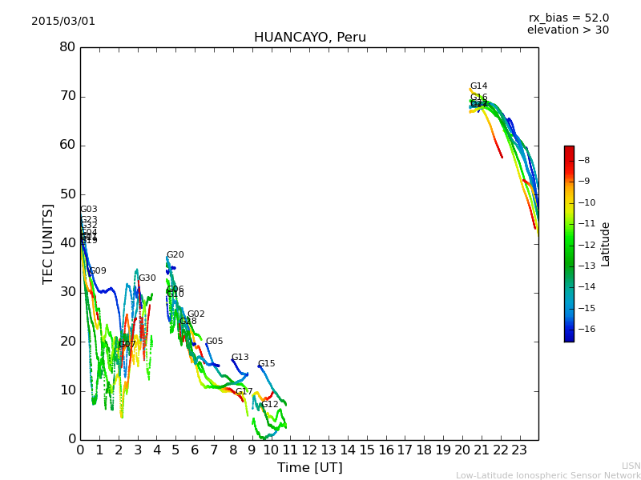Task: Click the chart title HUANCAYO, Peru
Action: point(309,38)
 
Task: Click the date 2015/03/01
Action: point(63,22)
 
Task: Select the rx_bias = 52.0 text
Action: point(568,18)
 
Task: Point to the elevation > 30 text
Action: point(567,30)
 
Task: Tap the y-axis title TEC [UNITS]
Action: point(48,243)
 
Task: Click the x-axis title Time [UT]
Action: point(309,467)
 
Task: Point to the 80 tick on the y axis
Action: point(67,47)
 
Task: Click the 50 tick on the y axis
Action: point(67,194)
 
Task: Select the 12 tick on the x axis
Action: point(309,450)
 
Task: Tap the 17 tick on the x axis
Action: point(405,450)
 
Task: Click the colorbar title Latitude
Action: point(606,244)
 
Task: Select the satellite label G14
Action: point(478,86)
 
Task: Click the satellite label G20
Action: point(175,255)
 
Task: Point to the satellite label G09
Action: point(98,271)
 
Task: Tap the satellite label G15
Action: point(266,364)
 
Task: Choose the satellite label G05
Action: point(214,342)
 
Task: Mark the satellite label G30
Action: point(147,278)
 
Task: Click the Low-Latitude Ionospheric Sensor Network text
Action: point(548,475)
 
